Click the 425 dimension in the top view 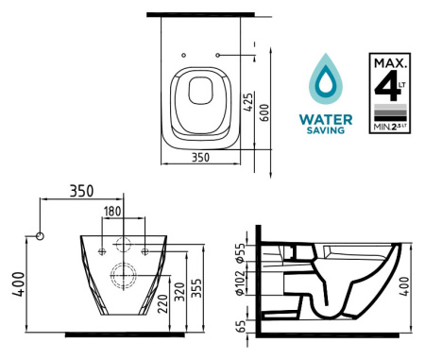248,102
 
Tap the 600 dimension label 265,113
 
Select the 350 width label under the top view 200,157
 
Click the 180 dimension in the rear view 112,212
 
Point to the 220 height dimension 162,303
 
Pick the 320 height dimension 179,292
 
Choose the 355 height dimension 196,288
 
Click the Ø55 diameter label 240,253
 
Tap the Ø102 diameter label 240,283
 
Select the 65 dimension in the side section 241,327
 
